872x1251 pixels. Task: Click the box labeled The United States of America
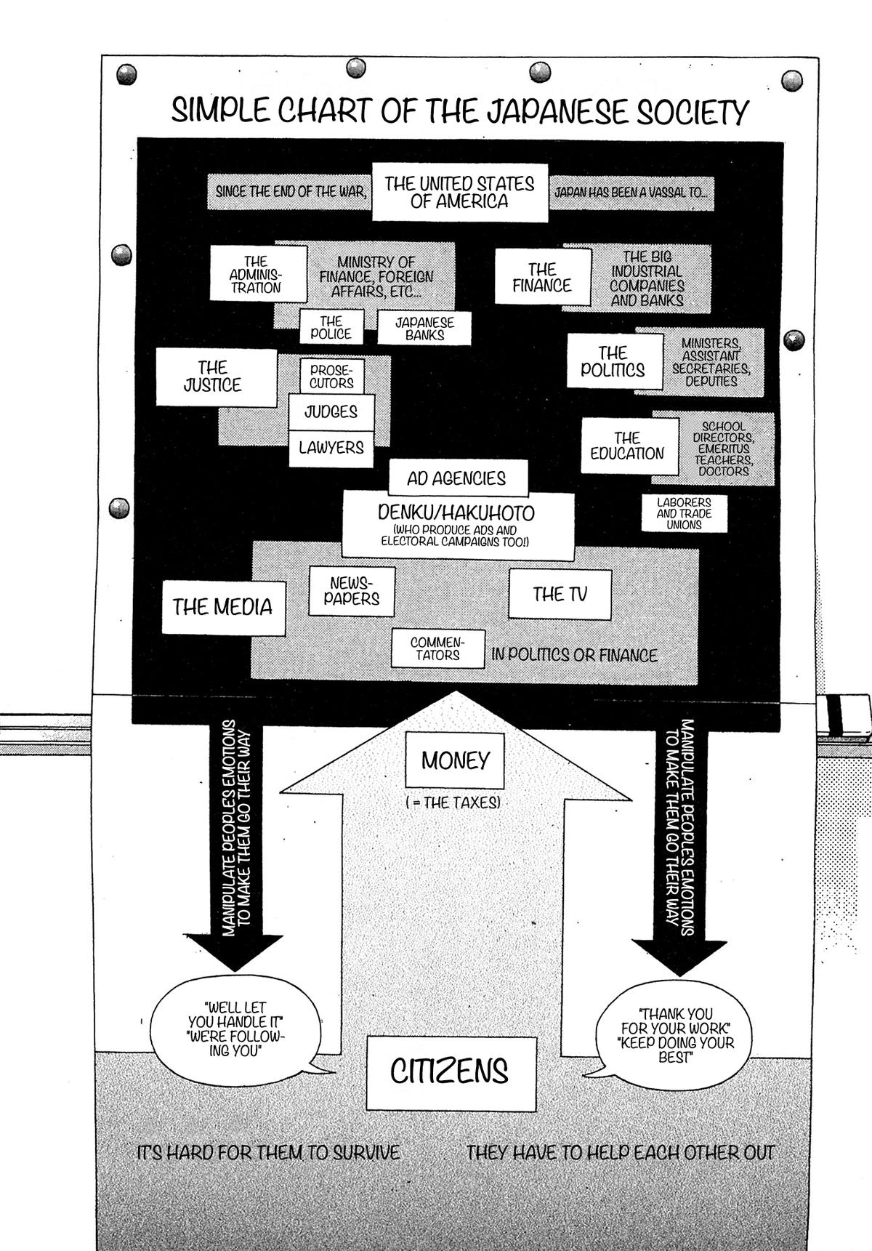coord(459,193)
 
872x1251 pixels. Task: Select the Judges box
coord(331,412)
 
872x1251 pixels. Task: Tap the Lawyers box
coord(331,448)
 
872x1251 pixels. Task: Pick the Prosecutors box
coord(331,377)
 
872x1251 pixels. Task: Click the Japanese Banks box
coord(424,328)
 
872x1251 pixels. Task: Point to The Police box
coord(331,328)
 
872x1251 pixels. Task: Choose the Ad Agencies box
coord(457,478)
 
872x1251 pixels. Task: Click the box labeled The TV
coord(560,595)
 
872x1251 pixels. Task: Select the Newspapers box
coord(352,592)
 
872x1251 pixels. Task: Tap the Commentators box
coord(437,648)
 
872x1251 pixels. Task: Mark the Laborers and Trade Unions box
coord(684,513)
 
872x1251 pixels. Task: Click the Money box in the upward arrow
coord(456,760)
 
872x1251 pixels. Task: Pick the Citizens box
coord(451,1071)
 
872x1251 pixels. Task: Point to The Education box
coord(628,446)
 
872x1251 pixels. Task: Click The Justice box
coord(217,377)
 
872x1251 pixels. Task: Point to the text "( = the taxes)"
coord(453,803)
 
